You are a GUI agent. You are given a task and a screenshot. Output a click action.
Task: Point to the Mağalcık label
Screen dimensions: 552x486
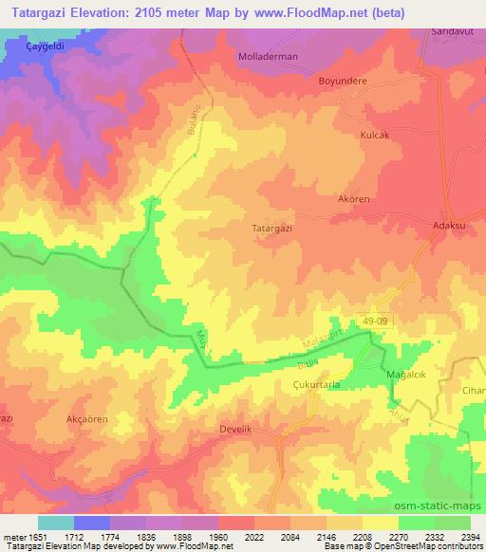(408, 376)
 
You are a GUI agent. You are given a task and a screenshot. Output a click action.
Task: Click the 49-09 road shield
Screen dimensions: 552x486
(377, 322)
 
